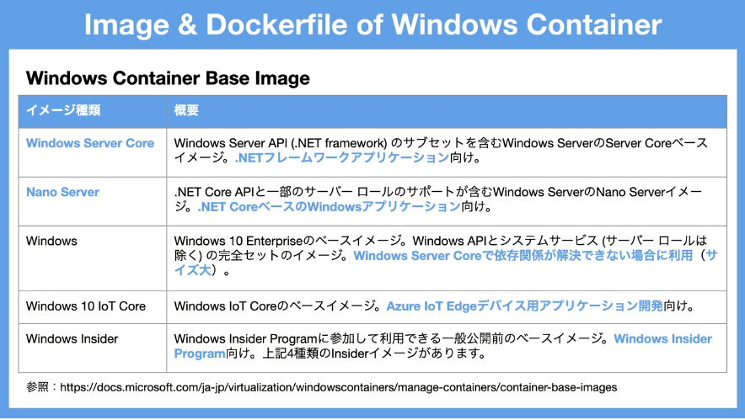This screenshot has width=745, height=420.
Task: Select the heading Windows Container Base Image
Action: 168,77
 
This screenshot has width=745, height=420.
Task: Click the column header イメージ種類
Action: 63,110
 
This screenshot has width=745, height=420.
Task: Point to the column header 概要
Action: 186,110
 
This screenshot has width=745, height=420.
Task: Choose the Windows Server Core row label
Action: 90,143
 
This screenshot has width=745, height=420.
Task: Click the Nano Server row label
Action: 62,192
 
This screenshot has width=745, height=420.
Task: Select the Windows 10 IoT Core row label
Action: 86,306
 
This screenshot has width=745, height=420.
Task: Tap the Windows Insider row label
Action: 72,339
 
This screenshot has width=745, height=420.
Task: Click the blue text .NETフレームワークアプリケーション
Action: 342,157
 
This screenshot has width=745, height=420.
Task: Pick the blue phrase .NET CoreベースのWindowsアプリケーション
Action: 330,207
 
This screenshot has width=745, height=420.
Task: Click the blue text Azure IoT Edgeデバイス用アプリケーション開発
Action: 524,306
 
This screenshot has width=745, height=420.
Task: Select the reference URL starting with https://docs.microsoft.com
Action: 338,388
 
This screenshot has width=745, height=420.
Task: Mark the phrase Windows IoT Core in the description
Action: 226,306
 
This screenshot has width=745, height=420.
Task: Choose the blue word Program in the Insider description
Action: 200,354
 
